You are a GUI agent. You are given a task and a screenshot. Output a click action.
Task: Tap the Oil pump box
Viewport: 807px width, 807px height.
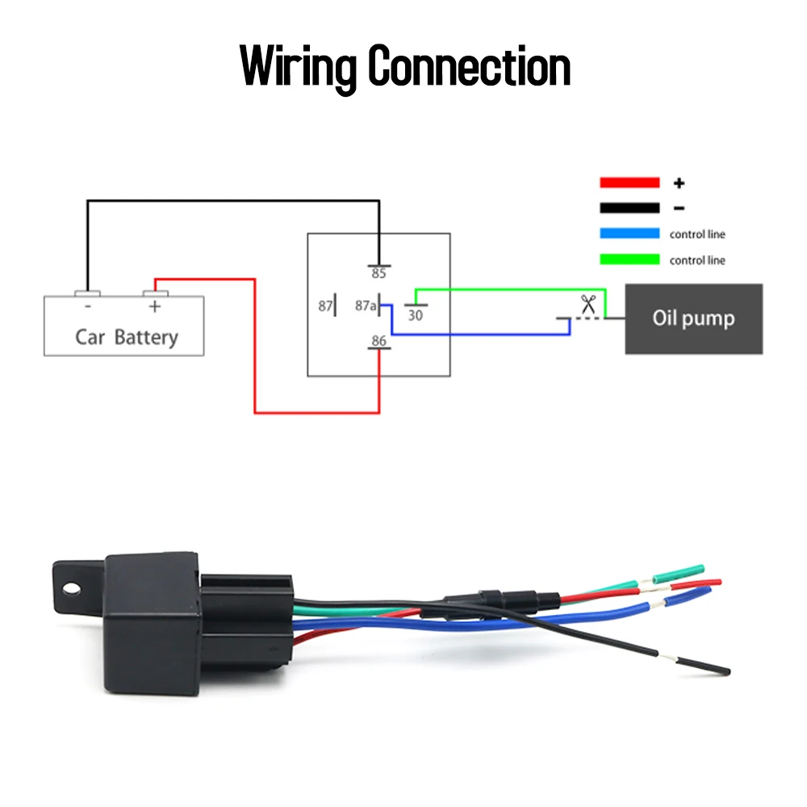pyautogui.click(x=694, y=319)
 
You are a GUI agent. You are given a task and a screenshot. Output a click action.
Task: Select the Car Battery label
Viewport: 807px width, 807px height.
pyautogui.click(x=127, y=337)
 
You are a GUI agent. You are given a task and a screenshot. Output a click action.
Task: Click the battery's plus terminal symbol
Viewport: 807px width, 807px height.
pyautogui.click(x=154, y=307)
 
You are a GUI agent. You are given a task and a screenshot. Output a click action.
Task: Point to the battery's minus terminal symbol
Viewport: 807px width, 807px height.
pyautogui.click(x=88, y=306)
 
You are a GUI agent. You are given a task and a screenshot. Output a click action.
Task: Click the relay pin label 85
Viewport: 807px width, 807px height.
pyautogui.click(x=378, y=274)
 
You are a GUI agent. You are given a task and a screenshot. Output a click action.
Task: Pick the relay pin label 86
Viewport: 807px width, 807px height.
pyautogui.click(x=378, y=341)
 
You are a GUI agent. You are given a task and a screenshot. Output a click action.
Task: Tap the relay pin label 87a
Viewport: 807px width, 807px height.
pyautogui.click(x=366, y=306)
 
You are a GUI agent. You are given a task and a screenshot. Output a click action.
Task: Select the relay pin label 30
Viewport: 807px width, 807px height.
pyautogui.click(x=416, y=316)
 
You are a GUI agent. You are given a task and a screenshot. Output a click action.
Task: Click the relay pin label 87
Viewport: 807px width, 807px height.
pyautogui.click(x=325, y=306)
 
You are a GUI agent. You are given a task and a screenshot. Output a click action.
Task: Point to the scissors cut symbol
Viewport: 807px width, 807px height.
pyautogui.click(x=588, y=304)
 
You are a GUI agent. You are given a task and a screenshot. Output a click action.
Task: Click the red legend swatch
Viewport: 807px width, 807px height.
pyautogui.click(x=629, y=182)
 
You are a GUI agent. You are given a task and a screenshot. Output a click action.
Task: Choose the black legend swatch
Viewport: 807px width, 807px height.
pyautogui.click(x=629, y=208)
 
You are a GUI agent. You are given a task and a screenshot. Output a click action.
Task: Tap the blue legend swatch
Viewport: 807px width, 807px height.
pyautogui.click(x=629, y=233)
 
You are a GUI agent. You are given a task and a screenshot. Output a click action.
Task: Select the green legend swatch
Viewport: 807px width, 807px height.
pyautogui.click(x=629, y=259)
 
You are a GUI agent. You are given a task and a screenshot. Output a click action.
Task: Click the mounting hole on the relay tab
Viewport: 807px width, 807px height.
pyautogui.click(x=71, y=588)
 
